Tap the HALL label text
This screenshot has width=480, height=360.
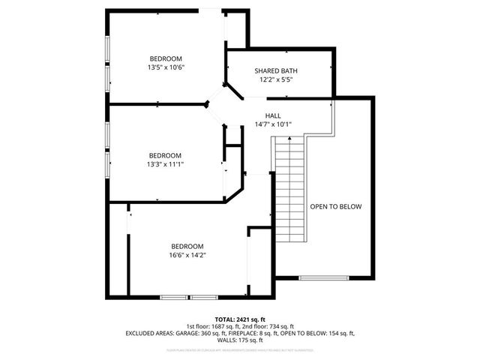point(273,116)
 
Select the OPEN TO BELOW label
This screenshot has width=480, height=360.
point(336,206)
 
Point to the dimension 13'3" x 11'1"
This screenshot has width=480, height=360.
point(165,164)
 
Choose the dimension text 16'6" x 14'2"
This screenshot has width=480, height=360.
point(187,255)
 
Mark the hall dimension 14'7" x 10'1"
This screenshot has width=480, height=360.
point(273,124)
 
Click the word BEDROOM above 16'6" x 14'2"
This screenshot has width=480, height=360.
point(187,247)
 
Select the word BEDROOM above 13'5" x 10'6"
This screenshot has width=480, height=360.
point(166,58)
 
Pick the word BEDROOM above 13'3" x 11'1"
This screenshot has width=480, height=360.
point(165,155)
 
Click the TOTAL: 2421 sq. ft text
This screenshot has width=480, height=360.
point(240,319)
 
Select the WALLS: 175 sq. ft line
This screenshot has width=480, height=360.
point(240,340)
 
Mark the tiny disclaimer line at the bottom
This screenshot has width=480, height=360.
point(240,349)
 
